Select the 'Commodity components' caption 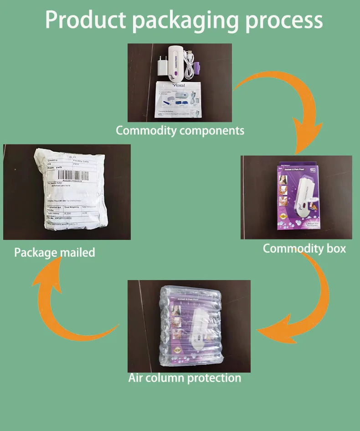tap(180, 130)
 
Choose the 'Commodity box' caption tap(304, 249)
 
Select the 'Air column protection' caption tap(185, 378)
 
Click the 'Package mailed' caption tap(55, 252)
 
